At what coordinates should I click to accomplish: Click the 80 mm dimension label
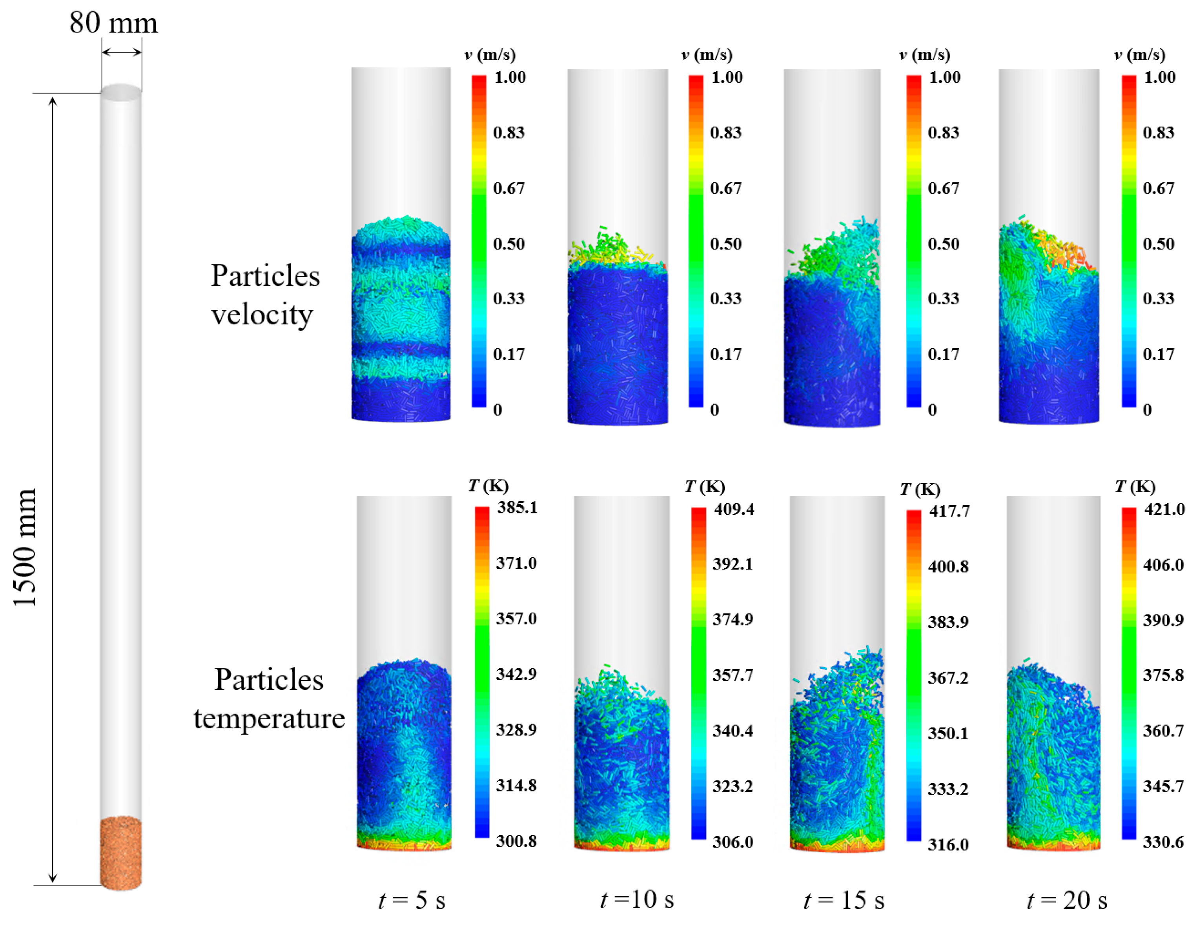pyautogui.click(x=114, y=23)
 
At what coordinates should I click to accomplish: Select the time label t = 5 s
pyautogui.click(x=412, y=900)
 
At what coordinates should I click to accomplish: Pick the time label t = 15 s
pyautogui.click(x=844, y=900)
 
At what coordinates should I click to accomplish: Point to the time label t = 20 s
pyautogui.click(x=1067, y=900)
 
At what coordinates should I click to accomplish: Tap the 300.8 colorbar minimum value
pyautogui.click(x=516, y=841)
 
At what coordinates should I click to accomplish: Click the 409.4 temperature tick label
pyautogui.click(x=734, y=509)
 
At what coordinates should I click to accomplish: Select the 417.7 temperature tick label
pyautogui.click(x=949, y=511)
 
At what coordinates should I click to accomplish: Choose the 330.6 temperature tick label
pyautogui.click(x=1163, y=841)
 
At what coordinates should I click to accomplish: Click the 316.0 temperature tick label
pyautogui.click(x=948, y=844)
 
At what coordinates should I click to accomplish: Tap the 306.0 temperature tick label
pyautogui.click(x=733, y=841)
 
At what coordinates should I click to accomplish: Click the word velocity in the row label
pyautogui.click(x=262, y=315)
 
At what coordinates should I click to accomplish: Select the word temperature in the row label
pyautogui.click(x=269, y=718)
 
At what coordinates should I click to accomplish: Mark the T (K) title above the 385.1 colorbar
pyautogui.click(x=488, y=486)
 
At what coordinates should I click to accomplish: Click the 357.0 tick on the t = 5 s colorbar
pyautogui.click(x=516, y=619)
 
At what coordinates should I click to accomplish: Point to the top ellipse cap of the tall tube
pyautogui.click(x=121, y=92)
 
